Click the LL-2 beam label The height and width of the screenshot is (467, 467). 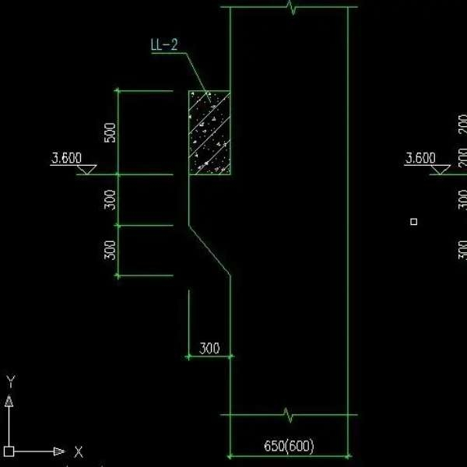[x=163, y=44]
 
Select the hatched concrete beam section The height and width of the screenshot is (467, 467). [x=209, y=132]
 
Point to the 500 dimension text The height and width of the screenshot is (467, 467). [x=110, y=132]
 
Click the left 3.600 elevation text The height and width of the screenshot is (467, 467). [x=66, y=158]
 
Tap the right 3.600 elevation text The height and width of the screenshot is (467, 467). [x=420, y=158]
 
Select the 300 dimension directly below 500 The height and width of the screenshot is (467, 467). [x=110, y=200]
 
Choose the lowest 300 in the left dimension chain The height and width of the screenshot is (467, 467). [x=110, y=250]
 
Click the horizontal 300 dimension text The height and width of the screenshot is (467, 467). [x=209, y=349]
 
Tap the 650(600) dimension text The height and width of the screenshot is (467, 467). [x=289, y=447]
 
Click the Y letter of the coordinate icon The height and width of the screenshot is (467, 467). [x=10, y=381]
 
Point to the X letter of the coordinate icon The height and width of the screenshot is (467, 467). [x=78, y=451]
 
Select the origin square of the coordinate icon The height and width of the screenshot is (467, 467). [x=9, y=451]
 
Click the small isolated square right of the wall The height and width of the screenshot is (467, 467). [x=414, y=222]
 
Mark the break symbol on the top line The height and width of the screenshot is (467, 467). [x=291, y=8]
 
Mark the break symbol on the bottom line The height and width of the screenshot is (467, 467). [x=290, y=415]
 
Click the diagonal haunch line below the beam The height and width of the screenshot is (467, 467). [x=210, y=250]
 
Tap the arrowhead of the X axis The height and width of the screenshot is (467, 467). [x=59, y=451]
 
